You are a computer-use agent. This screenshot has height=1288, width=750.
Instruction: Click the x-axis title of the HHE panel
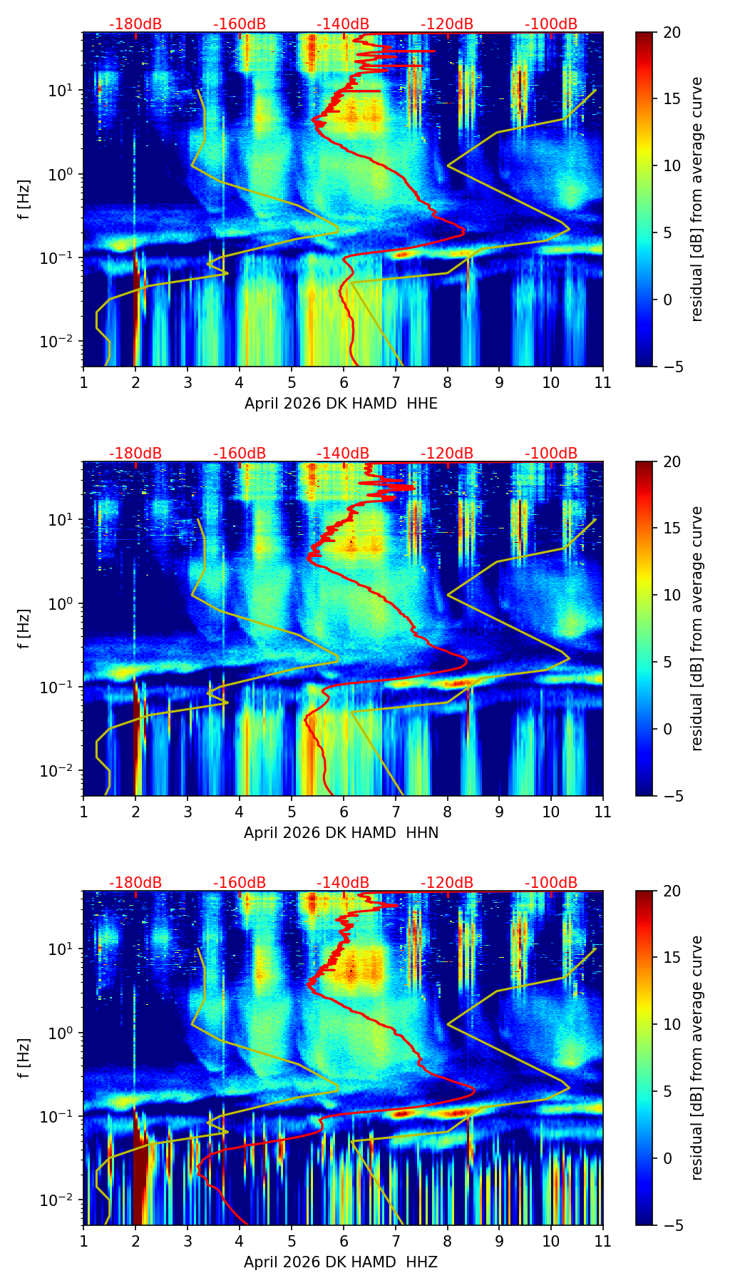341,404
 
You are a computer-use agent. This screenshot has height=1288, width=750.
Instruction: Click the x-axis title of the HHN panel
341,833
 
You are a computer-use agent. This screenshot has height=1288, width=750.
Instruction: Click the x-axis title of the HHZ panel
341,1262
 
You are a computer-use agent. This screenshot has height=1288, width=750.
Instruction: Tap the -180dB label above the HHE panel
135,24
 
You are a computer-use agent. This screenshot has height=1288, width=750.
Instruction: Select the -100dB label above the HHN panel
551,454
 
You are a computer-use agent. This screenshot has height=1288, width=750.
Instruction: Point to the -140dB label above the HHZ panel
343,883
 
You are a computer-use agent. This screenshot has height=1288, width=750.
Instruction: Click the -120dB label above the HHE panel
447,24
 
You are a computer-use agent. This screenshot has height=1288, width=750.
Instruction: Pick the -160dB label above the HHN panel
240,454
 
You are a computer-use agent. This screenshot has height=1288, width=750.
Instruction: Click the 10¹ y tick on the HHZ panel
63,949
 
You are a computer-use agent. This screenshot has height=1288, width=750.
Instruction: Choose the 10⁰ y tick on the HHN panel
63,603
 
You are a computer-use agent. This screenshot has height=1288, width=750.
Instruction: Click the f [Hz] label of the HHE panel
24,199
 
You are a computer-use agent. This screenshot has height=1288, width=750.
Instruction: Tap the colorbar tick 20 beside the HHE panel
672,33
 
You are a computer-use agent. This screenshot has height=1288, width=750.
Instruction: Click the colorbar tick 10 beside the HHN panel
672,595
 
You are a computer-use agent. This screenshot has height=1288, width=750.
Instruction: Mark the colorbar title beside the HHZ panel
697,1058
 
